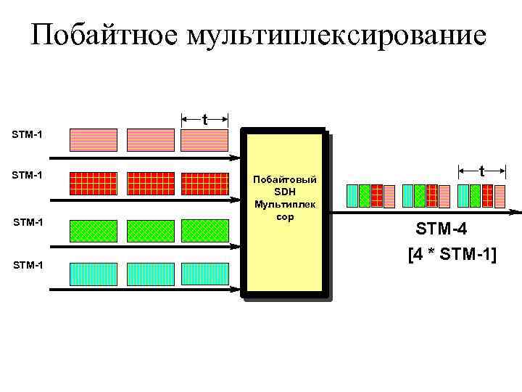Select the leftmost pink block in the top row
(93, 139)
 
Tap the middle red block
(150, 183)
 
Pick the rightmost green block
(205, 230)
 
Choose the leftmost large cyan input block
(93, 274)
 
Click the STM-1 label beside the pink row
(27, 134)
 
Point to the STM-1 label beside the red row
(27, 175)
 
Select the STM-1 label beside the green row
(27, 221)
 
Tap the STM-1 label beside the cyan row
(27, 265)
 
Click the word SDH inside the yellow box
(285, 191)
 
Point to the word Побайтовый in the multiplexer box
(285, 179)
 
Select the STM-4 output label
(441, 230)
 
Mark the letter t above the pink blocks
(205, 118)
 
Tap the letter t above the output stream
(481, 171)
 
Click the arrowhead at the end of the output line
(516, 213)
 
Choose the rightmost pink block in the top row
(205, 139)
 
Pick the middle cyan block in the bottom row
(150, 274)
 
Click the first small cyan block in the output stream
(353, 196)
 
